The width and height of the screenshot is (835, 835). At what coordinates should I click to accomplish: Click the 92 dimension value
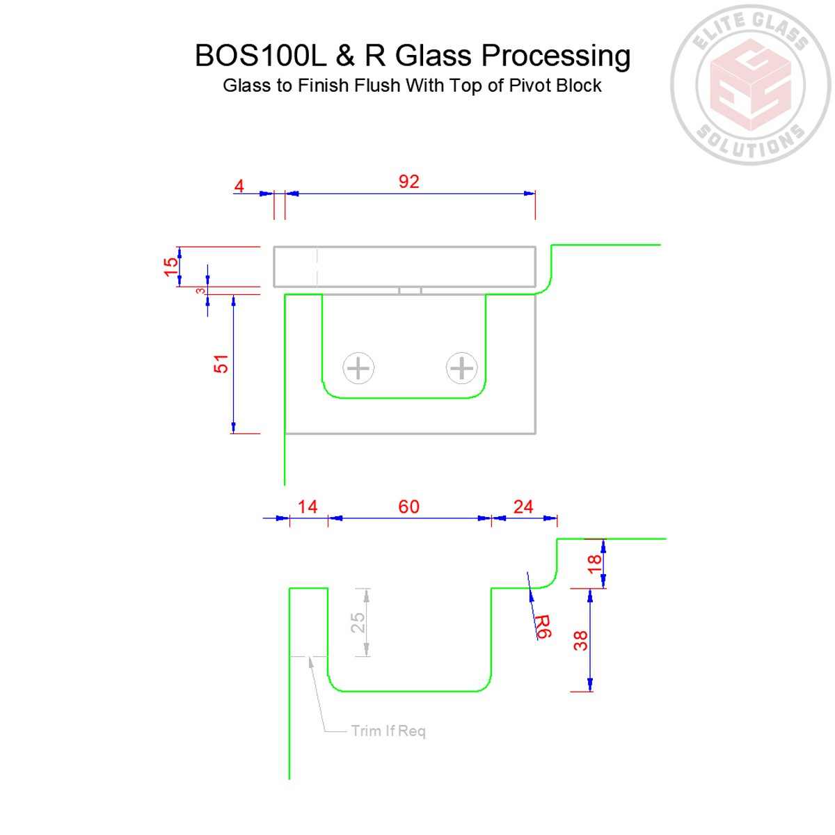coord(408,182)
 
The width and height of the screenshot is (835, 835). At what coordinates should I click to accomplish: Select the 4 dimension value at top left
coord(239,186)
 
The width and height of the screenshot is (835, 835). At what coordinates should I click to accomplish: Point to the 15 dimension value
coord(170,267)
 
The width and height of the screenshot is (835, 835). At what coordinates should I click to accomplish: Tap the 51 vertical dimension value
coord(221,364)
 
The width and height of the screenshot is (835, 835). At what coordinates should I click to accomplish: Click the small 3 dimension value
coord(200,291)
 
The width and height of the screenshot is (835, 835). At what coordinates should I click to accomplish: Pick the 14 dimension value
coord(308,507)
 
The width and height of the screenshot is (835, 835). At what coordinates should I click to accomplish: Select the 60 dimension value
coord(408,507)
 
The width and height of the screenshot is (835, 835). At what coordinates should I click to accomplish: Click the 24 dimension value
coord(523,507)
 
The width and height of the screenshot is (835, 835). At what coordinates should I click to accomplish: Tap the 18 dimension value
coord(594,563)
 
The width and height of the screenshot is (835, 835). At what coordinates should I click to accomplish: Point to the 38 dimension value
coord(580,640)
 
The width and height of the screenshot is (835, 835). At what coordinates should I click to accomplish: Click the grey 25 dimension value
coord(357,622)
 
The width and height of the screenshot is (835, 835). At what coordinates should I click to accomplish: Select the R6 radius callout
coord(542,626)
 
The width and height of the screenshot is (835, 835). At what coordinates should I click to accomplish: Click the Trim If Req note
coord(388,731)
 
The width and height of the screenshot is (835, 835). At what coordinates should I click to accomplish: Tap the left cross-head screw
coord(358,368)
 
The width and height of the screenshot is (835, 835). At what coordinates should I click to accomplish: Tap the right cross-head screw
coord(461,368)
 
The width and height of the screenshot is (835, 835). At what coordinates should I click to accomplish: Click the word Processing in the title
coord(556,56)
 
